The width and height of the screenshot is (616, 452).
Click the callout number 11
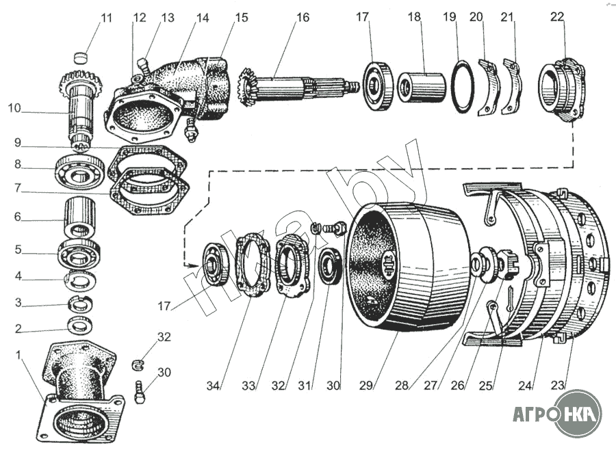[107, 18]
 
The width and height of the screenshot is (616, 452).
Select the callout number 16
[303, 18]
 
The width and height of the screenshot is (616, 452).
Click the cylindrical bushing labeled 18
[421, 88]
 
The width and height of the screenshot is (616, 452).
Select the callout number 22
[556, 17]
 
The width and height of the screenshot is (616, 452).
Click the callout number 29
[365, 386]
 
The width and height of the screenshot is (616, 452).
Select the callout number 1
[18, 355]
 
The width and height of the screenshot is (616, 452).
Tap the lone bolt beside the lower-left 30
[140, 392]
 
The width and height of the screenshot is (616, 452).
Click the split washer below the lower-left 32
[138, 364]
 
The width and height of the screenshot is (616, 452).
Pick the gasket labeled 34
[253, 265]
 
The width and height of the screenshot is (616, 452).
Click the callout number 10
[14, 108]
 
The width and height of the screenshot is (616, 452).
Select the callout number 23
[557, 385]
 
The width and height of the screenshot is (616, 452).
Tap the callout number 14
[203, 18]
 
